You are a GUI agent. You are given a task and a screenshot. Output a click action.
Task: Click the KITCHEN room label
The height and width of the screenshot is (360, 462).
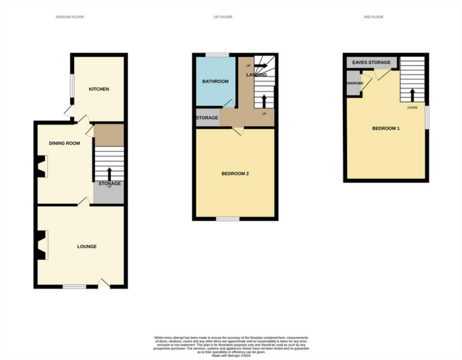[99, 89]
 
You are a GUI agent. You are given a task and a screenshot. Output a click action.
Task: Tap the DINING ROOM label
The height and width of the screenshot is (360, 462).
[64, 143]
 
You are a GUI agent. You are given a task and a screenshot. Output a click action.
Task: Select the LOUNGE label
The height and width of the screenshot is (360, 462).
[87, 247]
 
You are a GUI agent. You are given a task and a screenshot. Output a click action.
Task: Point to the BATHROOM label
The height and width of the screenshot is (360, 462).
[215, 82]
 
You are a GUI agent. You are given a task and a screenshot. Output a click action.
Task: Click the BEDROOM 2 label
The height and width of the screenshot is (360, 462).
[235, 174]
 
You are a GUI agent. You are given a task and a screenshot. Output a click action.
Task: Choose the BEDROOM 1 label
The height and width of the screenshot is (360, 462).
[386, 128]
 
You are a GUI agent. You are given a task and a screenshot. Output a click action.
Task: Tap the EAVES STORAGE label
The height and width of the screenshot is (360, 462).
[371, 62]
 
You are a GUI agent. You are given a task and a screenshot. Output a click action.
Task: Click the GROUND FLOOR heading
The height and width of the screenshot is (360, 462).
[69, 17]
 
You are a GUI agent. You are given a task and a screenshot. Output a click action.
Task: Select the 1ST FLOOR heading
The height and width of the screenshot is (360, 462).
[223, 17]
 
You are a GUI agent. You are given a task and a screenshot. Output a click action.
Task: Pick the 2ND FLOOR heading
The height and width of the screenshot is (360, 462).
[373, 17]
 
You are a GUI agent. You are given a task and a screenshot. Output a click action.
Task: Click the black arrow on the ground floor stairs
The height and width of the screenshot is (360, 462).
[109, 174]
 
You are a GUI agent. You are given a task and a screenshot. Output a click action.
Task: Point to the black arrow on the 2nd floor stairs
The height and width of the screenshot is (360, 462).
[412, 95]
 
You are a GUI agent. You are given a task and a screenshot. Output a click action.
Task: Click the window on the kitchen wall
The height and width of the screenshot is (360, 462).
[72, 85]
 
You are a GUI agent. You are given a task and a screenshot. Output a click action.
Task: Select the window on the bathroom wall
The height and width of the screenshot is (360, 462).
[217, 55]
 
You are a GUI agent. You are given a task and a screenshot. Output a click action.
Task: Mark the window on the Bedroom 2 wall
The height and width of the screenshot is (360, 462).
[228, 219]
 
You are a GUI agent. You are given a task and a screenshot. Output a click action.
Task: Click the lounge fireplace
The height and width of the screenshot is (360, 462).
[41, 245]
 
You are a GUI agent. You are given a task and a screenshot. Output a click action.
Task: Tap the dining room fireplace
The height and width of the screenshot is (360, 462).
[41, 166]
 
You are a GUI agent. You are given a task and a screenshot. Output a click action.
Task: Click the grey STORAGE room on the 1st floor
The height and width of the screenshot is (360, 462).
[208, 118]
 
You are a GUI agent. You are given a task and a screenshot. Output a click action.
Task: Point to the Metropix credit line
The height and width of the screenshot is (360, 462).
[231, 355]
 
